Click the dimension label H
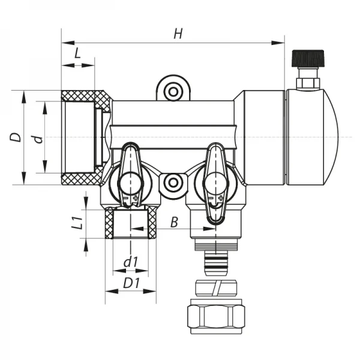click(178, 34)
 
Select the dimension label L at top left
click(77, 53)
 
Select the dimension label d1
click(130, 262)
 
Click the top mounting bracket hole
click(173, 91)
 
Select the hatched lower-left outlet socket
click(130, 223)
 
